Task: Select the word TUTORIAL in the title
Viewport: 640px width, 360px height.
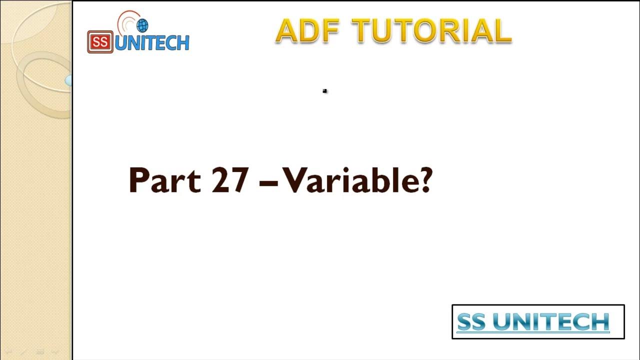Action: click(431, 31)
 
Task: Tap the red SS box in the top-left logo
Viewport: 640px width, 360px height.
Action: click(100, 42)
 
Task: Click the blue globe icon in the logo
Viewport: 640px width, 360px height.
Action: click(142, 25)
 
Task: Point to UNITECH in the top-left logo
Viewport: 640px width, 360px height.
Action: click(152, 43)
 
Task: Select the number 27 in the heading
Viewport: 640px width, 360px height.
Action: click(230, 180)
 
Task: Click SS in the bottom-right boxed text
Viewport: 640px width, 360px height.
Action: click(471, 322)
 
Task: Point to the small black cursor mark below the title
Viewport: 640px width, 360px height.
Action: click(324, 91)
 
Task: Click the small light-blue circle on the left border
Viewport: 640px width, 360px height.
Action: click(68, 80)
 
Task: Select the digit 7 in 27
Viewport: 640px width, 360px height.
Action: click(239, 180)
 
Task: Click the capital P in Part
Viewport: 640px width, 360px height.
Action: click(137, 180)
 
